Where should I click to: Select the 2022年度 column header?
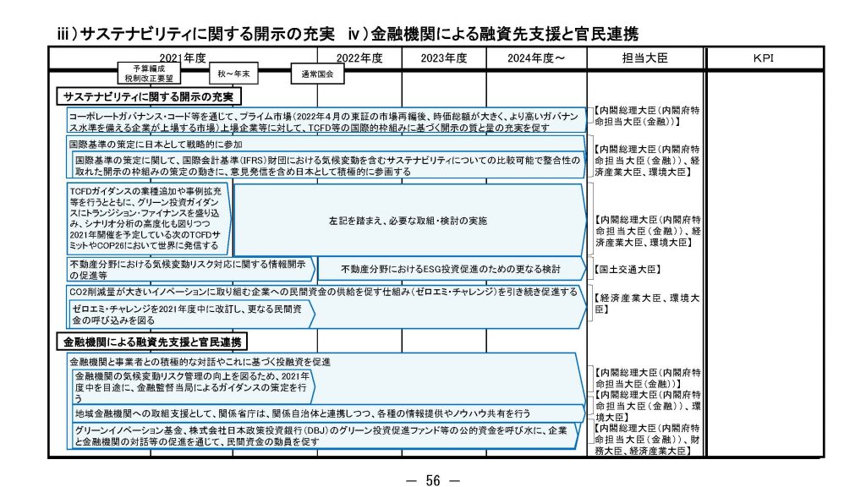click(x=359, y=58)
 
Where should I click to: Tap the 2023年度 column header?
click(x=444, y=58)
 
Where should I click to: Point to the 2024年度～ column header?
click(x=536, y=58)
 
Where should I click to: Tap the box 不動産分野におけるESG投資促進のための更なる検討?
click(x=450, y=268)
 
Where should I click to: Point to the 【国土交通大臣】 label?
click(x=627, y=269)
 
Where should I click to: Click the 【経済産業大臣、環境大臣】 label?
click(x=647, y=304)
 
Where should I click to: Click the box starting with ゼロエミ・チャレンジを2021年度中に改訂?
click(x=189, y=315)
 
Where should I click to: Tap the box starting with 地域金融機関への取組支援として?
click(x=303, y=413)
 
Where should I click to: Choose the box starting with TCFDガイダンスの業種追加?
click(x=147, y=219)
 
